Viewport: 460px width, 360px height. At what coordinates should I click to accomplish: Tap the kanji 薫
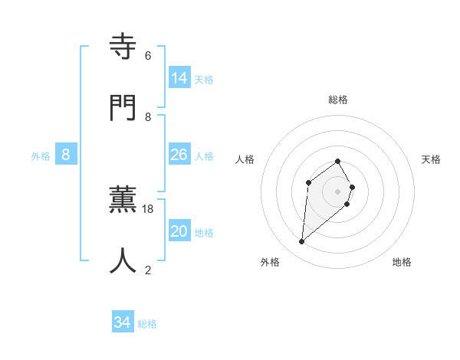(x=123, y=201)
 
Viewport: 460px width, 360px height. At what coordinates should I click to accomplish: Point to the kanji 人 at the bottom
(x=123, y=261)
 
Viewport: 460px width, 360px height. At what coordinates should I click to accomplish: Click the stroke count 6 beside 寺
(x=148, y=56)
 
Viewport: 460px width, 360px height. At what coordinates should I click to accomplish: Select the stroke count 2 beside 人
(x=148, y=270)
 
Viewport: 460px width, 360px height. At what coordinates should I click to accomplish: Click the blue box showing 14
(x=179, y=78)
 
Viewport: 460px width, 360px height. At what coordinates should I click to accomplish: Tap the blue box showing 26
(x=179, y=155)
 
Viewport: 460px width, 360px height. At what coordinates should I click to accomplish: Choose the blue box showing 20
(x=179, y=231)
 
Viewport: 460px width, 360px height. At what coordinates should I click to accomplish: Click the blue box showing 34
(x=123, y=323)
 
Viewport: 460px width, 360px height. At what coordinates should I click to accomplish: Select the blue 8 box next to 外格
(x=66, y=155)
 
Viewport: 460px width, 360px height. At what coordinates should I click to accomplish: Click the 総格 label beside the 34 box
(x=147, y=324)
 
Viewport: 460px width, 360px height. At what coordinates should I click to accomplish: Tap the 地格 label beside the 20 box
(x=204, y=233)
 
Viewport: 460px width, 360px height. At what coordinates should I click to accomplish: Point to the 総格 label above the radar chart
(x=338, y=100)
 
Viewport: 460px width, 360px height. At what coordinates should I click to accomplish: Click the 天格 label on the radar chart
(x=431, y=159)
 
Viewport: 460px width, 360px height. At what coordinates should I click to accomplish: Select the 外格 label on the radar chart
(x=270, y=262)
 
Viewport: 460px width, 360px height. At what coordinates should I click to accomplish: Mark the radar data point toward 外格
(x=302, y=242)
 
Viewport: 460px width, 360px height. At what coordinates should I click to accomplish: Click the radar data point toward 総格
(x=338, y=161)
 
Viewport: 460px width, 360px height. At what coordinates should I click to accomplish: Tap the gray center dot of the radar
(x=338, y=191)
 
